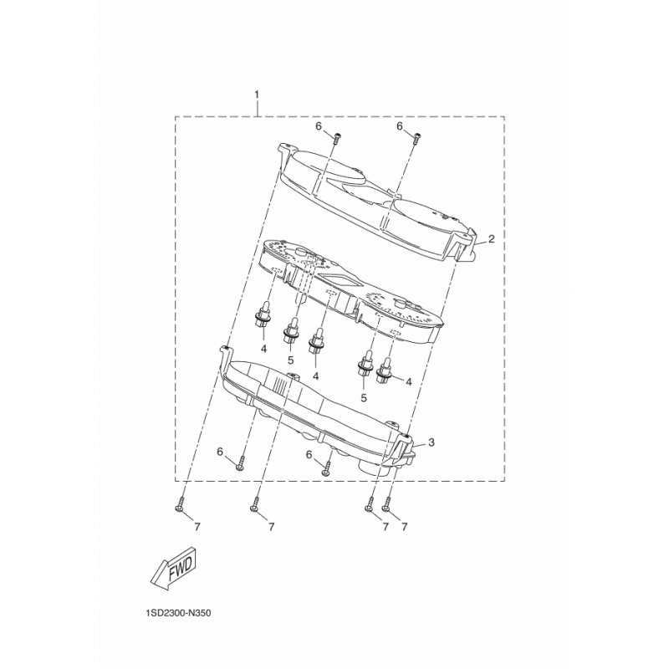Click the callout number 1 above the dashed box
(x=257, y=94)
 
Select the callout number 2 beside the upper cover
(x=491, y=238)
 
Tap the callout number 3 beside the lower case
(x=432, y=442)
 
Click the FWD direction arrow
(x=174, y=569)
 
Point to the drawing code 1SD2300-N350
(x=178, y=614)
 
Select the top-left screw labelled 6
(x=336, y=138)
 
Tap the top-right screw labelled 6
(x=416, y=138)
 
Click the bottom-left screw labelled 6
(x=241, y=463)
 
